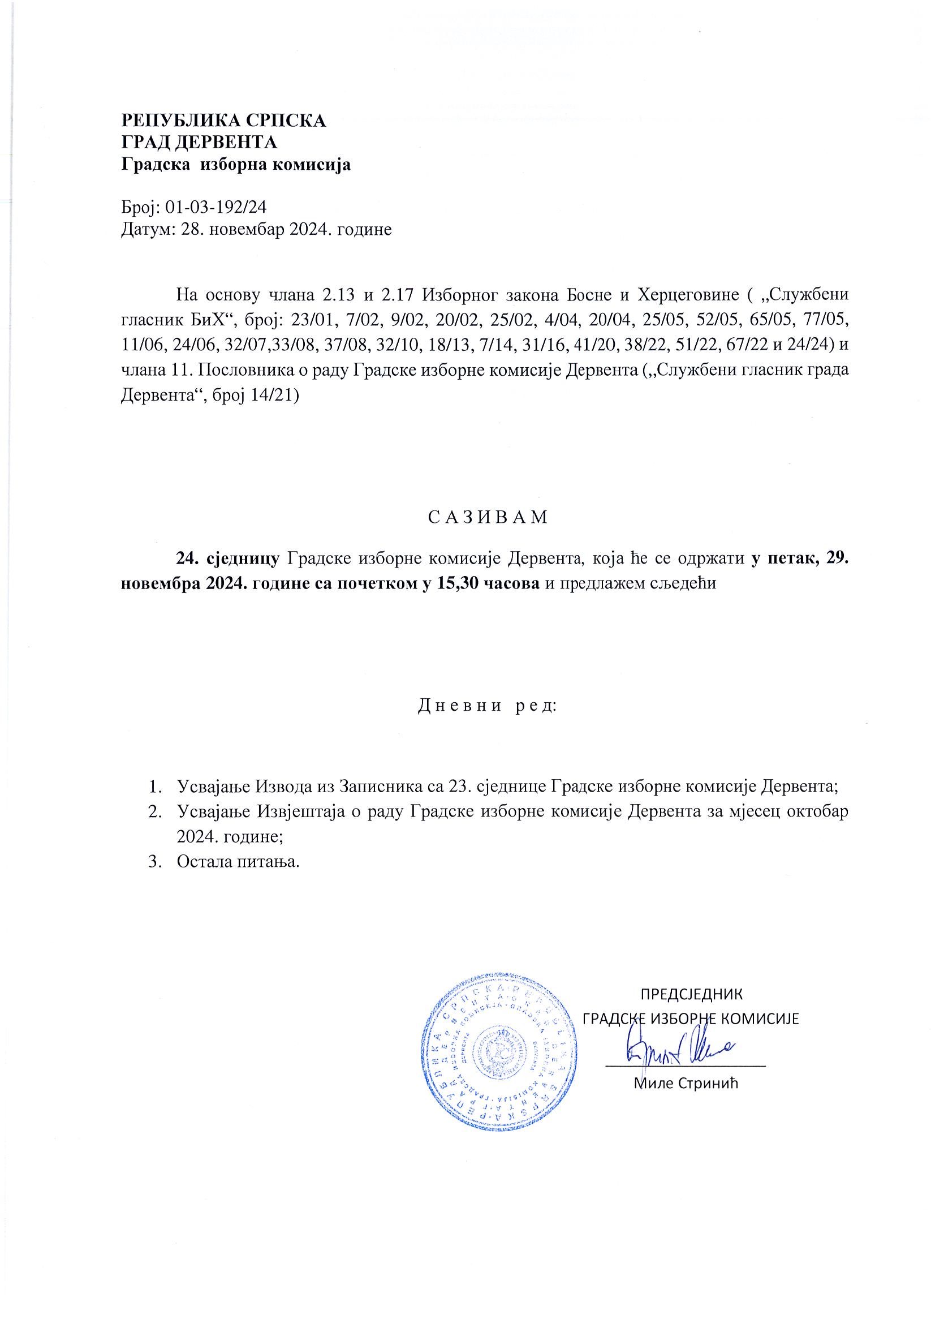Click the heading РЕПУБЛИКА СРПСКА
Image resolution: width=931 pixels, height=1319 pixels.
point(223,121)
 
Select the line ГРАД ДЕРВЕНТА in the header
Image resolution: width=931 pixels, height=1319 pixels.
point(199,143)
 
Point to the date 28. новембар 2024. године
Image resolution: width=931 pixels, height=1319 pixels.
point(286,230)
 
